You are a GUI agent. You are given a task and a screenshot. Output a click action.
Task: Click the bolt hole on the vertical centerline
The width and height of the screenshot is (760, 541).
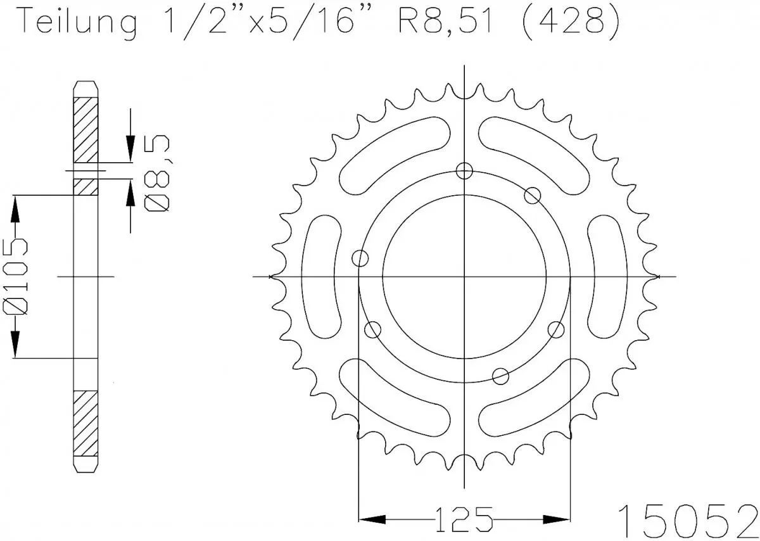point(465,170)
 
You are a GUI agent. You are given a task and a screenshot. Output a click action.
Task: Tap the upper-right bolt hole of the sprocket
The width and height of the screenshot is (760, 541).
point(533,195)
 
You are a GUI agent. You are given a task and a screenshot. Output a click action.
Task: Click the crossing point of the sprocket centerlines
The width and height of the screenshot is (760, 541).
point(465,277)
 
